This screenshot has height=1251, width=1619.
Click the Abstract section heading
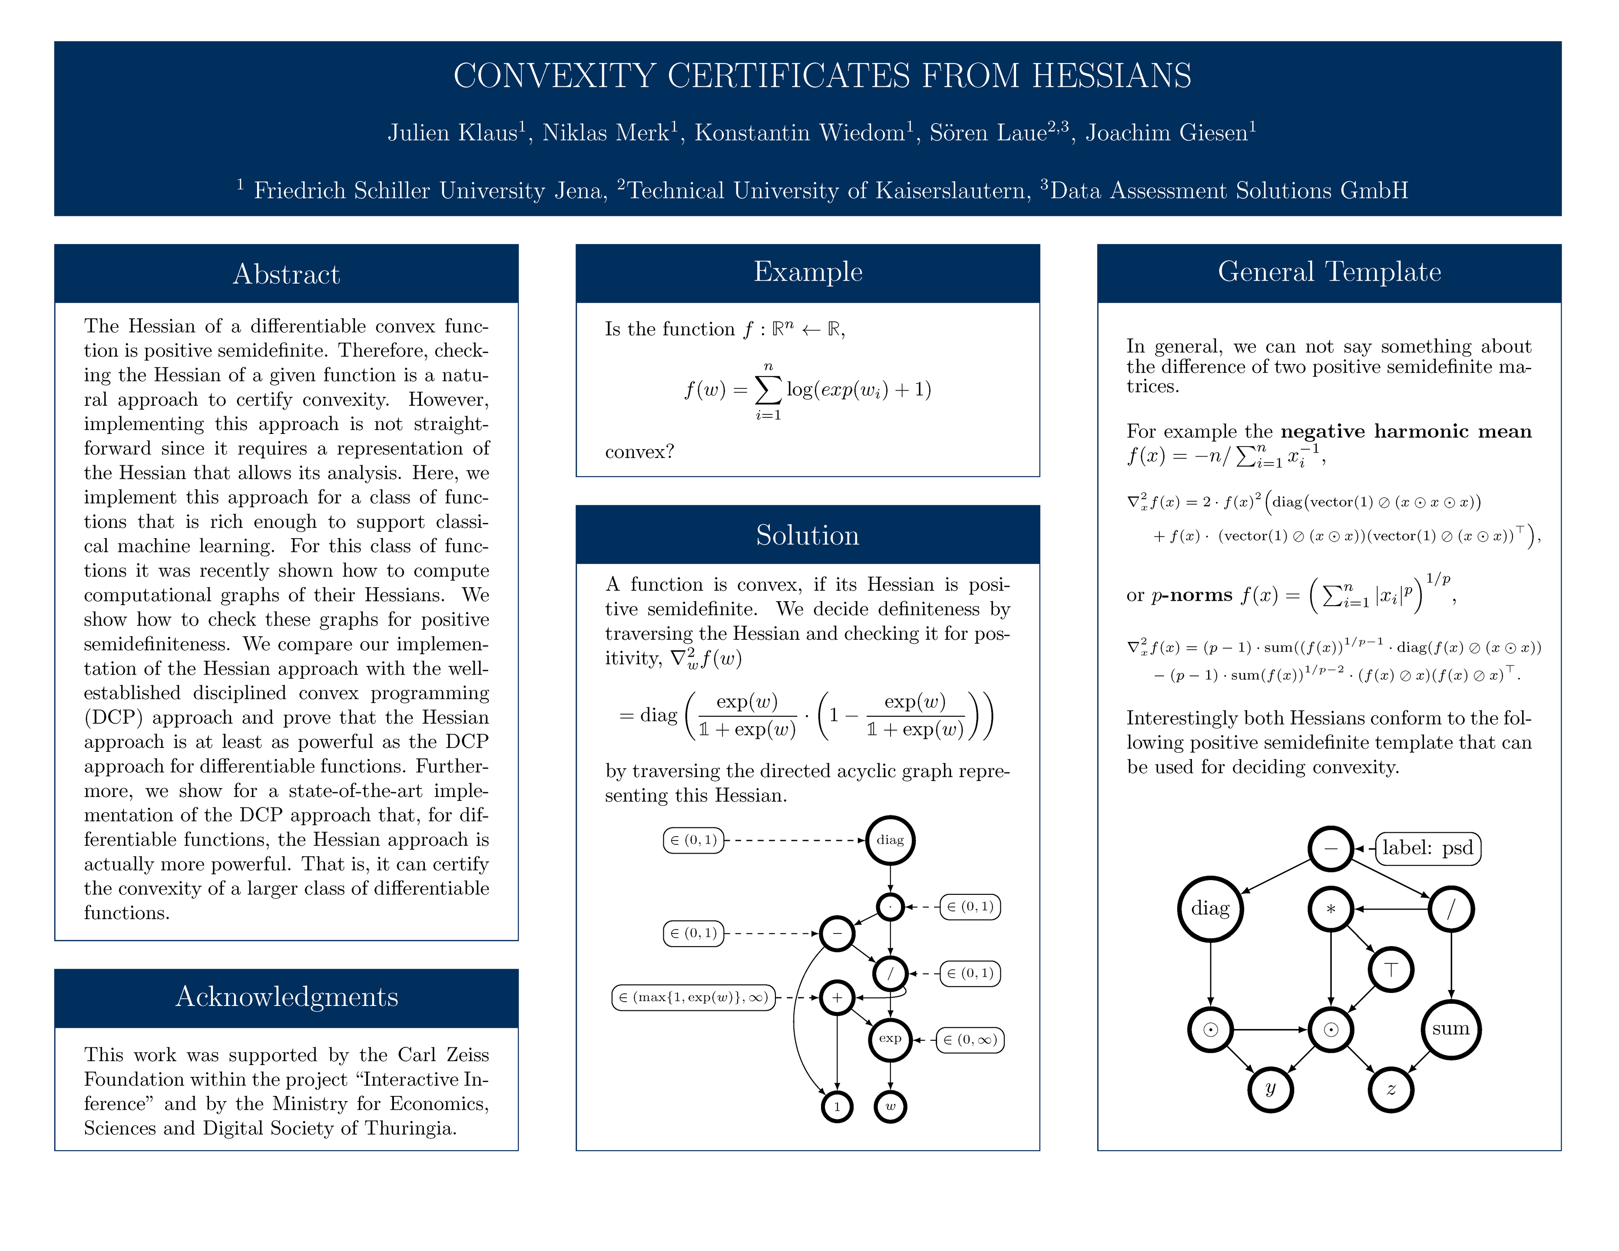(286, 274)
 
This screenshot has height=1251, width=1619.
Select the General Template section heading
(1329, 272)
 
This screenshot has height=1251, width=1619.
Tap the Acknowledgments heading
(286, 997)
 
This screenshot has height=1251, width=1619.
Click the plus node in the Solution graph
(837, 997)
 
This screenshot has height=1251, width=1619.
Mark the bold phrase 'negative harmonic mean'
(1406, 431)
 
